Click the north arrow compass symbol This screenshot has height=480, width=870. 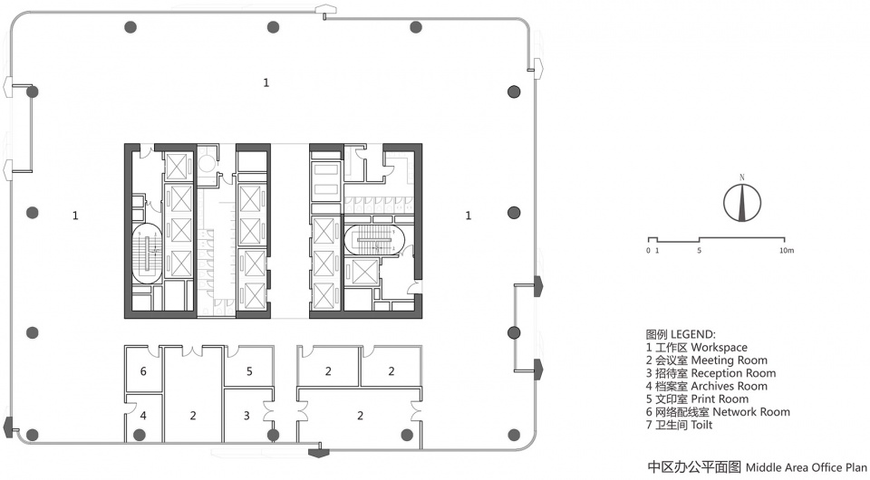(x=742, y=203)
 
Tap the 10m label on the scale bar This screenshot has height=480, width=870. (x=787, y=251)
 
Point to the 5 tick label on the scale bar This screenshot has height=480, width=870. (x=699, y=251)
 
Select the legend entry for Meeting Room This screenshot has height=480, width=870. (x=706, y=360)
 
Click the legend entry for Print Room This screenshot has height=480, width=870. (x=697, y=399)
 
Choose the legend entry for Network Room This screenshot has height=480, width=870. (x=718, y=412)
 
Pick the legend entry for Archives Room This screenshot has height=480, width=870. (x=706, y=387)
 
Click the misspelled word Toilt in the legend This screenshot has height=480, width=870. (x=701, y=425)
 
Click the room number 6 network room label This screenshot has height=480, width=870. (x=143, y=370)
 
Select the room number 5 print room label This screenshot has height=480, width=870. (x=249, y=370)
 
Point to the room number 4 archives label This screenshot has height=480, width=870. (x=143, y=415)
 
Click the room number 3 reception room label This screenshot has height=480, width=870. (x=246, y=415)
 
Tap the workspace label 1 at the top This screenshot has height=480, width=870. (x=266, y=82)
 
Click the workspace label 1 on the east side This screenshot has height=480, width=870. (x=469, y=215)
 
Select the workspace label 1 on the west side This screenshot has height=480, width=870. (x=75, y=215)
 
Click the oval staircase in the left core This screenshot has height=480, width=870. (x=147, y=253)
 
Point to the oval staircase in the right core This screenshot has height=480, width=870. (x=374, y=241)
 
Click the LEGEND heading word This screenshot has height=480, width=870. (x=693, y=334)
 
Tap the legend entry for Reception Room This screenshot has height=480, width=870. (x=710, y=373)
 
